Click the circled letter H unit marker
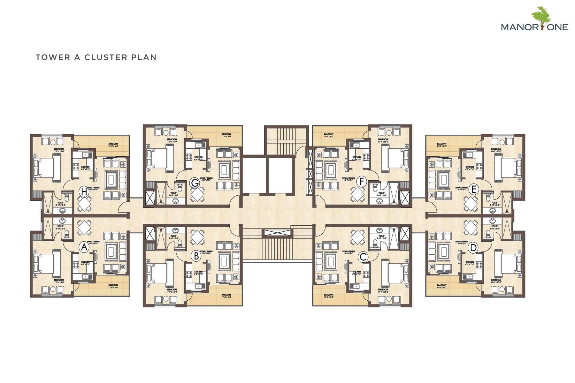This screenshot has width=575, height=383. (84, 192)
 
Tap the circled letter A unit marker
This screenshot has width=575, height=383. (84, 247)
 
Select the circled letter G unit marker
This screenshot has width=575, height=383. (195, 183)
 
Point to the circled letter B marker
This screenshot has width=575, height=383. (196, 256)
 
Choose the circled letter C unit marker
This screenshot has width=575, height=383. (363, 257)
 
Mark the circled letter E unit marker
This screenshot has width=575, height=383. (474, 190)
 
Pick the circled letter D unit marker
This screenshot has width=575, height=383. (473, 248)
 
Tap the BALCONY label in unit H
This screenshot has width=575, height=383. (113, 144)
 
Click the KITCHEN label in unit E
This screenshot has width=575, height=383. (470, 167)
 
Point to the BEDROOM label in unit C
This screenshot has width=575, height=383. (383, 290)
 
